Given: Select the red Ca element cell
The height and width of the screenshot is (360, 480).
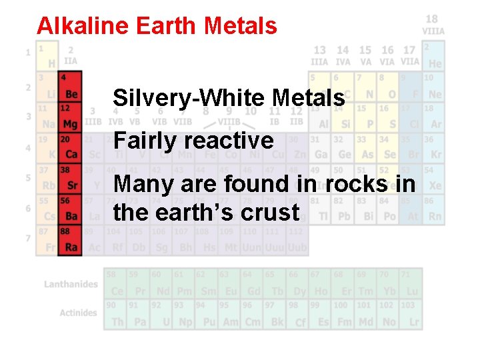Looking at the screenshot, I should [x=69, y=148].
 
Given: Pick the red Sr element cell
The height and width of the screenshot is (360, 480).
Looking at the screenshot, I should [x=69, y=179].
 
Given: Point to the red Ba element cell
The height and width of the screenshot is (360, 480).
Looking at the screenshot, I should [x=69, y=209].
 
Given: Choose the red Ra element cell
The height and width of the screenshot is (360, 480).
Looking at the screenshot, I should [x=69, y=240].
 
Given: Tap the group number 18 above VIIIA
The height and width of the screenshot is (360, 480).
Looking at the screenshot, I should [x=432, y=19].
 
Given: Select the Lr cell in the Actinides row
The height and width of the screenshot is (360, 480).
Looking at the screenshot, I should [x=412, y=316].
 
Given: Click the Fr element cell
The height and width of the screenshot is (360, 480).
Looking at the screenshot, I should [x=47, y=240].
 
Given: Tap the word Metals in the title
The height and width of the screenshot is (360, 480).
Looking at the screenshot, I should [x=241, y=26].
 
